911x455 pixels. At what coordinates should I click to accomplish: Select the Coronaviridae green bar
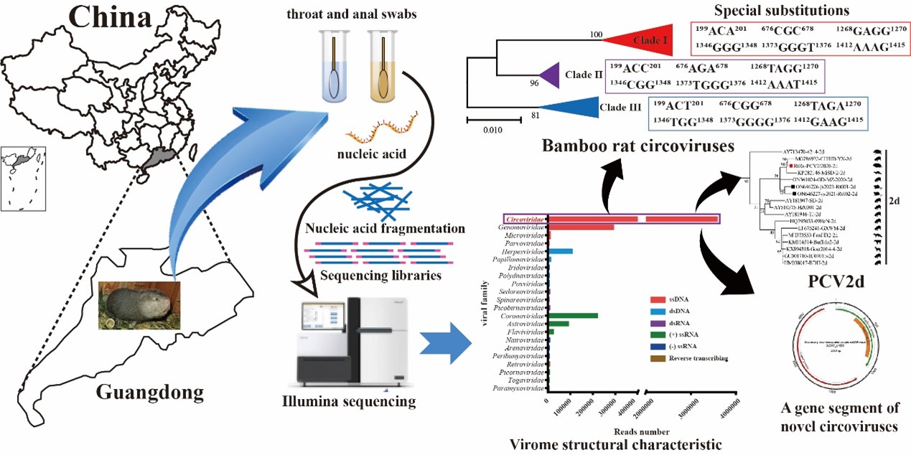pyautogui.click(x=573, y=316)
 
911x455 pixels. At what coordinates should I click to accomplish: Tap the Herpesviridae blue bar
pyautogui.click(x=561, y=251)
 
